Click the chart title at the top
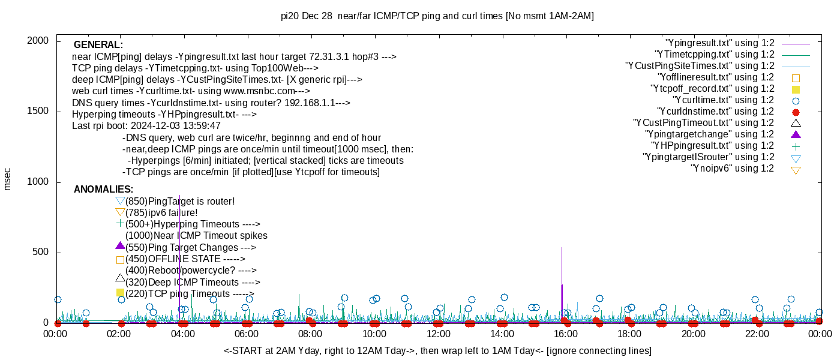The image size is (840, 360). (437, 16)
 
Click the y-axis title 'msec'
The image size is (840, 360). (7, 179)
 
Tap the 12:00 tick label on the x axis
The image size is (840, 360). (438, 334)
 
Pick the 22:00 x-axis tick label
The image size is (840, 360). (757, 334)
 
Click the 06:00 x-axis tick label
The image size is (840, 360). (247, 334)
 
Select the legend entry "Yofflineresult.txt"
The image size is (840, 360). (716, 77)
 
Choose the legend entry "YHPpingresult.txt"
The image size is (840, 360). (713, 146)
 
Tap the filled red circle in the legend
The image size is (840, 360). (796, 112)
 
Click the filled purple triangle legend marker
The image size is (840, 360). (796, 134)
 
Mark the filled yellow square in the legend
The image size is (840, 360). (796, 89)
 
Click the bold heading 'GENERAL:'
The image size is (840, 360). (98, 45)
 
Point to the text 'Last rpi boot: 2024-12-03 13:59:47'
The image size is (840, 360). (146, 126)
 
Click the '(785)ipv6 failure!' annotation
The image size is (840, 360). (161, 213)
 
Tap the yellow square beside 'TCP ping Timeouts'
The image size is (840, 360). (120, 293)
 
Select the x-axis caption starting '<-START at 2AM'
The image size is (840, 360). (437, 350)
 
